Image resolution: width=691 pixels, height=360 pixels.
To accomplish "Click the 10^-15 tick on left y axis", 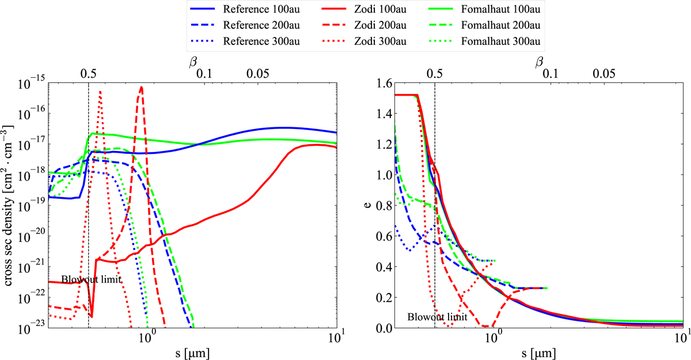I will pos(33,84).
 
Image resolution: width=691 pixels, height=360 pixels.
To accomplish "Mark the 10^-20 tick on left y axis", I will pos(33,237).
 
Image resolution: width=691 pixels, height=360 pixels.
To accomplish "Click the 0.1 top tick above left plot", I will pos(204,74).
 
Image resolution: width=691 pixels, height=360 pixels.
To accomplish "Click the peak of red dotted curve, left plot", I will pos(100,91).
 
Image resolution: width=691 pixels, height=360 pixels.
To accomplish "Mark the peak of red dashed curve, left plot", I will pos(141,87).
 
